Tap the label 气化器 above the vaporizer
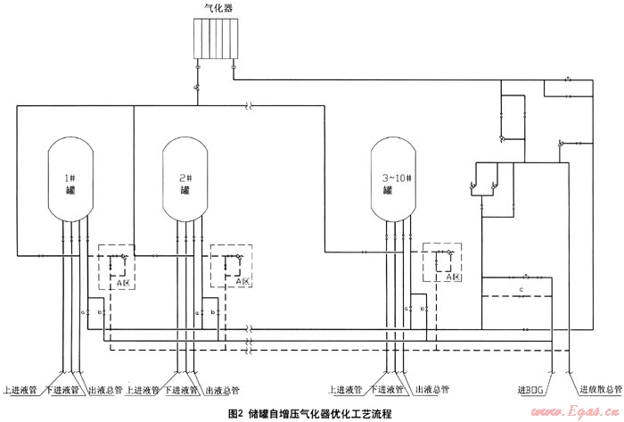click(218, 9)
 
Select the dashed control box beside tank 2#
click(232, 266)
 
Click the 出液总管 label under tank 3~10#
click(428, 390)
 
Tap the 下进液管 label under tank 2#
click(180, 390)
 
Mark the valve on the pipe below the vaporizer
click(197, 88)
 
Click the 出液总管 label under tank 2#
click(222, 390)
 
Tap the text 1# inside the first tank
click(69, 178)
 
